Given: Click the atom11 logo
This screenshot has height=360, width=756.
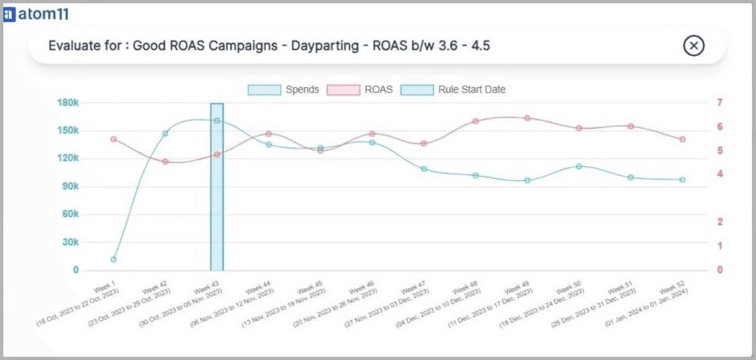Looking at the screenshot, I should [36, 14].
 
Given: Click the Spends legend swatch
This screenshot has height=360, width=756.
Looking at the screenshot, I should [264, 90].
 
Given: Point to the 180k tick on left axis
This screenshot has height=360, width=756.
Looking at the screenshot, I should [68, 103].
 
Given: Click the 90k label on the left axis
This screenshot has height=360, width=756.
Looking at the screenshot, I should [70, 186].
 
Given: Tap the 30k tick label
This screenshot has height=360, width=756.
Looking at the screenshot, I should [70, 242].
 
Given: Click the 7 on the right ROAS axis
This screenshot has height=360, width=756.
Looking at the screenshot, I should [720, 103].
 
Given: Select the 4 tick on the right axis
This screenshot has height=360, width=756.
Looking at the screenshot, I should [720, 174].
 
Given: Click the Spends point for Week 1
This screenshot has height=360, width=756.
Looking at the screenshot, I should [113, 259].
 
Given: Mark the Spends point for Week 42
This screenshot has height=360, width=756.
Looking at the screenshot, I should [165, 134].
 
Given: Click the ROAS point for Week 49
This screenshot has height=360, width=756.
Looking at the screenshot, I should [527, 118].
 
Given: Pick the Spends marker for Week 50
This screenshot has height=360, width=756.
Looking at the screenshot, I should [579, 166].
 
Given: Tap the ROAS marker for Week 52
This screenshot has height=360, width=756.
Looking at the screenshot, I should [682, 139].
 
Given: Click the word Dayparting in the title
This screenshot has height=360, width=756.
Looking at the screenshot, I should [325, 46].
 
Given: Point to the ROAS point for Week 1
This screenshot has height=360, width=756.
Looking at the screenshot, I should [113, 139].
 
